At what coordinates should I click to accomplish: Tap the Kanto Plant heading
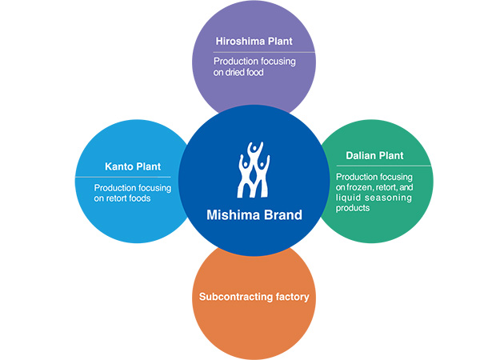tap(133, 166)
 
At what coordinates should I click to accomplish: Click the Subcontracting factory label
tap(254, 297)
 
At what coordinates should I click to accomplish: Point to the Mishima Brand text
tap(252, 214)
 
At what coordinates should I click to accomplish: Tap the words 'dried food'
tap(248, 72)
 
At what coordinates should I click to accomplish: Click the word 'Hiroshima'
tap(238, 41)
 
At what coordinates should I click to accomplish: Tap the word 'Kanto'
tap(120, 166)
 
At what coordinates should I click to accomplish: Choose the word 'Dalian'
tap(363, 156)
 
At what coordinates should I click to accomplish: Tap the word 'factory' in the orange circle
tap(291, 297)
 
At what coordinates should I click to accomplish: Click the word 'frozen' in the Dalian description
tap(364, 186)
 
